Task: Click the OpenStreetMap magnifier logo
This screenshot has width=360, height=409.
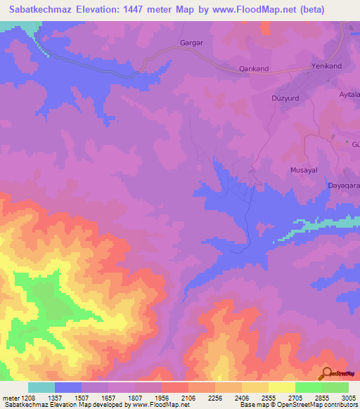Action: click(x=326, y=372)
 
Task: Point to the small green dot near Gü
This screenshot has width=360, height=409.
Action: click(x=347, y=142)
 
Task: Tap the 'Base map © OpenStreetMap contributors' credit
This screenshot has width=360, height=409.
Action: click(x=297, y=405)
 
